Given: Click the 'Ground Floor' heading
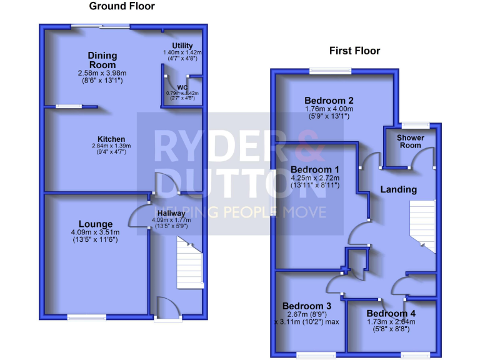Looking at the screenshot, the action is point(122,6).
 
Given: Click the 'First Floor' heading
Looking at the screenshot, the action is point(354,51).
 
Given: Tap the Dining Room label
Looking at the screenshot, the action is point(102,60).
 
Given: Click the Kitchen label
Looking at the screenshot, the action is point(111,139).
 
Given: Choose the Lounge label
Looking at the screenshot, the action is point(96,224).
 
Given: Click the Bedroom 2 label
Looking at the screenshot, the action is point(329,101).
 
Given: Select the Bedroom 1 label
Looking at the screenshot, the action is point(315,169).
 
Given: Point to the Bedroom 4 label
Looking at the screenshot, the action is point(391,313).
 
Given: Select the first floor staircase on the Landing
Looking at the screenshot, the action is point(422,226).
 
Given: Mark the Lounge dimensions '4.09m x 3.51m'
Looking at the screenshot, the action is point(95,232).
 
